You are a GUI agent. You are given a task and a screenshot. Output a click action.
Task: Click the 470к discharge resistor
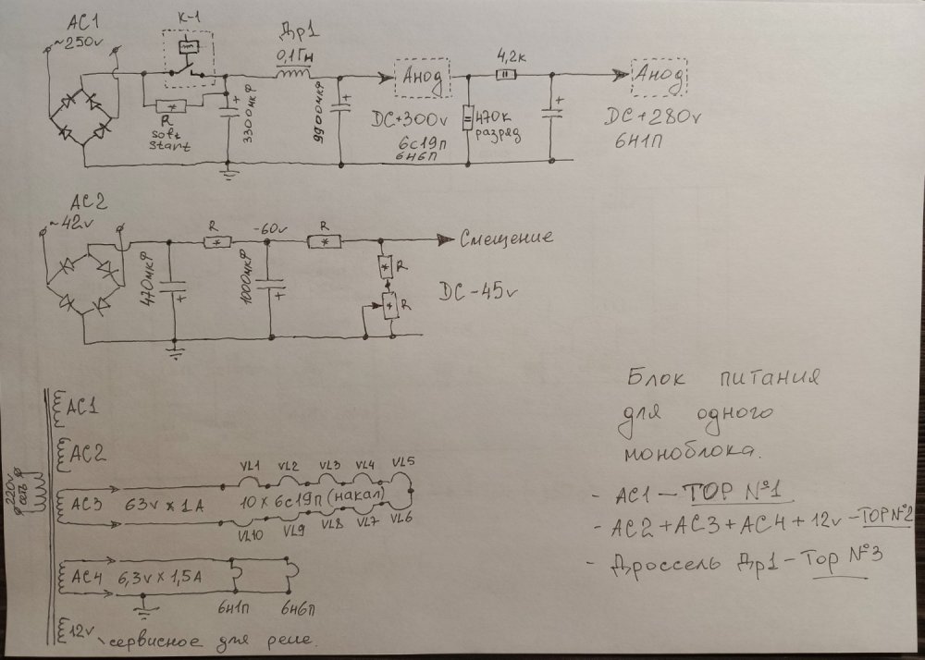point(468,119)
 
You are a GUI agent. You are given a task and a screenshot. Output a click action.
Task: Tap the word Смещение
point(507,238)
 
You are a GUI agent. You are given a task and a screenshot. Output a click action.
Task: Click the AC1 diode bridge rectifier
point(82,118)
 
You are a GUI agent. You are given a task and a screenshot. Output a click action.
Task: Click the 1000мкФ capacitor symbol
point(270,287)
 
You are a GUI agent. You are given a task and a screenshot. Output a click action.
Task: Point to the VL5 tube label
point(403,462)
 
